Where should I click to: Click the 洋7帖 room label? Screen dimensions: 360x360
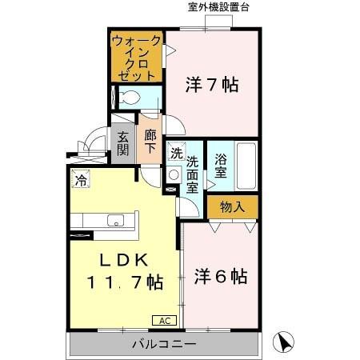coord(213,84)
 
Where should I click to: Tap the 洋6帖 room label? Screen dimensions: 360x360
coord(221,277)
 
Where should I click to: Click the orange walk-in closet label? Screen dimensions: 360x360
coord(138,56)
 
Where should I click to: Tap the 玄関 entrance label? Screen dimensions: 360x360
coord(123,143)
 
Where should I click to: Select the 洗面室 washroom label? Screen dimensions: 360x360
coord(193,174)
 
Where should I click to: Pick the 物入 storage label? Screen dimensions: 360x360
coord(232,206)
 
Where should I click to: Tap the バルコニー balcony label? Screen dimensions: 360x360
coord(164,346)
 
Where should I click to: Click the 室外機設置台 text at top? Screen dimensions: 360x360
coord(218,7)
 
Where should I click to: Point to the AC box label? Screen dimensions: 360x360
coord(164,320)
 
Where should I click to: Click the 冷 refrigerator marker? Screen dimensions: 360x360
coord(80,181)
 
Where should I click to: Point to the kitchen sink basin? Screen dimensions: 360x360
coord(114,222)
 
